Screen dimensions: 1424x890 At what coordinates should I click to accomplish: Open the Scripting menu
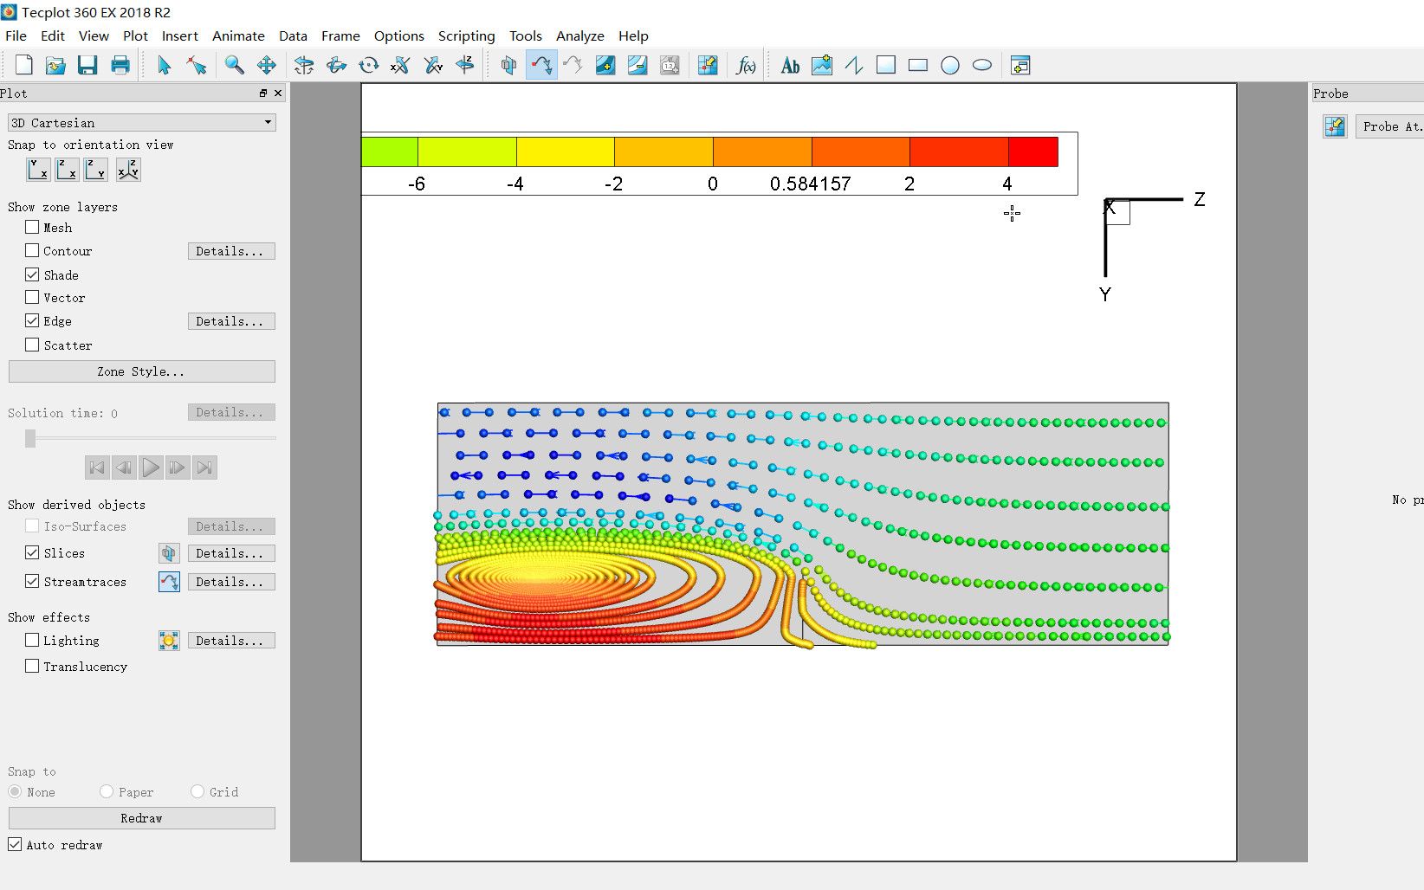tap(466, 36)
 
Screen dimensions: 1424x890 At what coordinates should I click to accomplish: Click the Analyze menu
tap(579, 36)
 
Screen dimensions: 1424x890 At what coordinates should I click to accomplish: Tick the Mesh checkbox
tap(32, 227)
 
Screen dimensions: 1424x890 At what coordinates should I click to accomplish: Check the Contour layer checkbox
tap(32, 250)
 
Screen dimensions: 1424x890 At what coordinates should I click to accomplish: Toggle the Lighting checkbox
tap(32, 640)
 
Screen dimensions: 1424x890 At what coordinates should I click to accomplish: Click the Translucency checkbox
tap(32, 666)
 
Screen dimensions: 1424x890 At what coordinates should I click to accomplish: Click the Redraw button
tap(142, 818)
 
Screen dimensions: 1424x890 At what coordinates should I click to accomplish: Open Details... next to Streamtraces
tap(231, 582)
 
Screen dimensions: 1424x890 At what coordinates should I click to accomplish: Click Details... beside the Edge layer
tap(231, 321)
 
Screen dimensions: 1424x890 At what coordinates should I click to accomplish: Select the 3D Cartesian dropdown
tap(142, 123)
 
